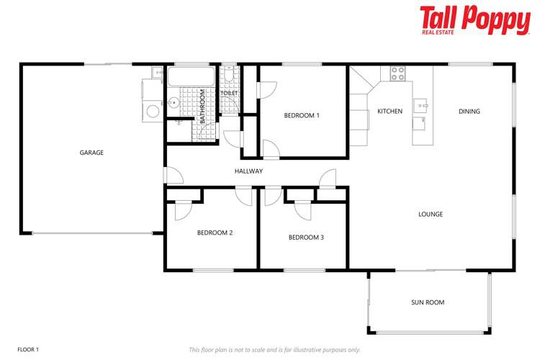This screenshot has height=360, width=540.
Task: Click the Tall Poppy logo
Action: click(474, 20)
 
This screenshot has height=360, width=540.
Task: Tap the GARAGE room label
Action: click(91, 153)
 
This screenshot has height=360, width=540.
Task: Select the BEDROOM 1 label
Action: click(302, 115)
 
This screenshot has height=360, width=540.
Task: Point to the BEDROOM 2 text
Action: click(215, 233)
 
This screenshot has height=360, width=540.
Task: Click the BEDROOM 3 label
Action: click(306, 237)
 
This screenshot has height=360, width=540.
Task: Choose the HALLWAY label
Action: click(248, 171)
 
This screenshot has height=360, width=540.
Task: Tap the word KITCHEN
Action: click(390, 112)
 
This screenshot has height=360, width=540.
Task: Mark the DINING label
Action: click(469, 112)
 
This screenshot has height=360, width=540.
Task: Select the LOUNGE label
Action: click(431, 214)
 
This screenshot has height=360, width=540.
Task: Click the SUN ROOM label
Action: click(428, 302)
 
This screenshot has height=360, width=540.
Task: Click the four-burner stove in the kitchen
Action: click(397, 73)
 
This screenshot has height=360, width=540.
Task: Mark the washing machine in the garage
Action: click(153, 111)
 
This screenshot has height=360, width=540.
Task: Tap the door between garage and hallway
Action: click(168, 176)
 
